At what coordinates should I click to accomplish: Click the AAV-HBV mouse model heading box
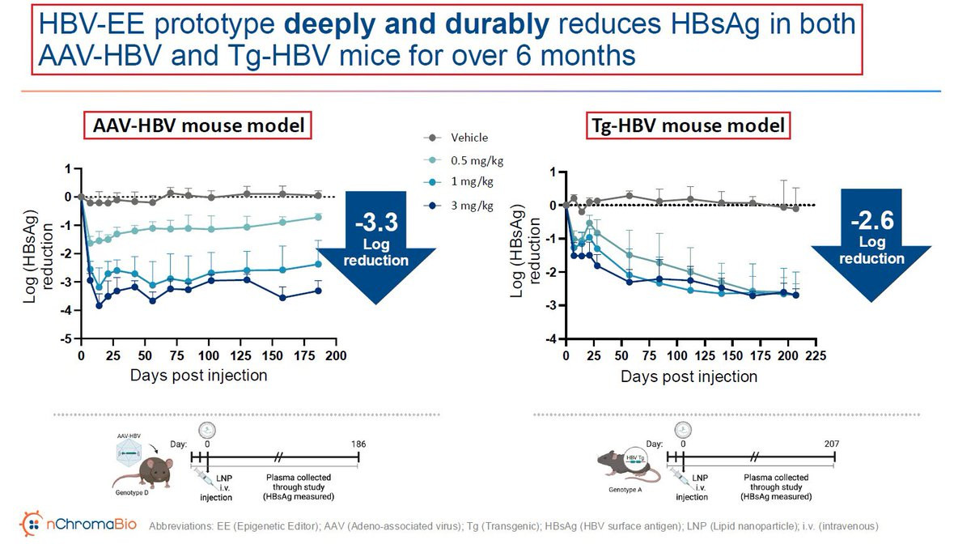click(198, 125)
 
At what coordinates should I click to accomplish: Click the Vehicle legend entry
click(469, 138)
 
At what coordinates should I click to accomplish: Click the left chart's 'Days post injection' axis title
click(199, 376)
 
